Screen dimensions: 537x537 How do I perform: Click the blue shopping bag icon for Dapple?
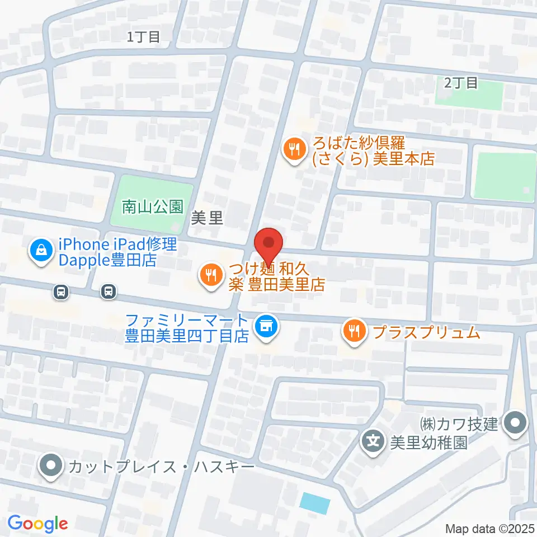41,252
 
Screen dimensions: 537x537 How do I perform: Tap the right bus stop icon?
109,291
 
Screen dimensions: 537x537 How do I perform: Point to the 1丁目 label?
144,37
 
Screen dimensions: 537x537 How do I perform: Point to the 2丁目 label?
461,83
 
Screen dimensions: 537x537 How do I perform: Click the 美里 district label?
207,219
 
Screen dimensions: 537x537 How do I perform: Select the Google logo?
38,524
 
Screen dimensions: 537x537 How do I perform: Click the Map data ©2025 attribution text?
491,528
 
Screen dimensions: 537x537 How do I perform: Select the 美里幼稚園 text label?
428,443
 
